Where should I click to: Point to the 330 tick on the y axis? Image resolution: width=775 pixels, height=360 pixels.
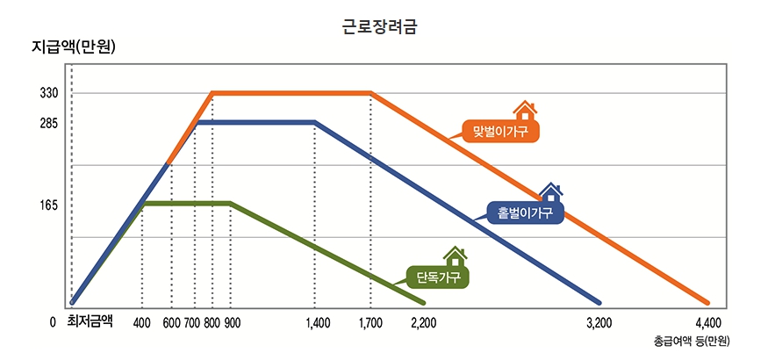(x=48, y=93)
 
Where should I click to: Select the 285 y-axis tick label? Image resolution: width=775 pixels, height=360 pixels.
(x=48, y=123)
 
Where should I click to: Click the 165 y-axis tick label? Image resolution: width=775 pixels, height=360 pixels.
(x=48, y=205)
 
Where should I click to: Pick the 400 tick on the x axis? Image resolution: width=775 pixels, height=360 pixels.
(x=142, y=322)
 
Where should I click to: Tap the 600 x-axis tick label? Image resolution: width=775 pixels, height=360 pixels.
(x=172, y=322)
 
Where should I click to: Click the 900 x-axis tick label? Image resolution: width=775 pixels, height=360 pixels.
(x=232, y=322)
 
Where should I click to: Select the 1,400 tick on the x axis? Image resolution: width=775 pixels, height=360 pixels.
(x=318, y=322)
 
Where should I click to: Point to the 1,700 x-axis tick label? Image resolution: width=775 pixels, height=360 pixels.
(x=371, y=322)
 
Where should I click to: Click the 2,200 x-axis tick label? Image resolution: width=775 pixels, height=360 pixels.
(x=424, y=322)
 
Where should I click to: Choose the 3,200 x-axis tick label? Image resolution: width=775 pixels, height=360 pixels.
(x=599, y=322)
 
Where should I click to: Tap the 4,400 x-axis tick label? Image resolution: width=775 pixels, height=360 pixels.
(x=707, y=322)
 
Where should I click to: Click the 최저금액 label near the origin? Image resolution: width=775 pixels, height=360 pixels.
(x=90, y=321)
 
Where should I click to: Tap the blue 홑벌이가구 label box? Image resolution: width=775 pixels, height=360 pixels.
(x=524, y=212)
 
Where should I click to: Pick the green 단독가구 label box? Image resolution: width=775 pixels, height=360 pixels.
(x=438, y=277)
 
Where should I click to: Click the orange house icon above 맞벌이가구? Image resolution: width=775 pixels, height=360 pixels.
(x=525, y=110)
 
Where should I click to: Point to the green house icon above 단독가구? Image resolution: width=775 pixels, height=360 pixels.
(x=455, y=256)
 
